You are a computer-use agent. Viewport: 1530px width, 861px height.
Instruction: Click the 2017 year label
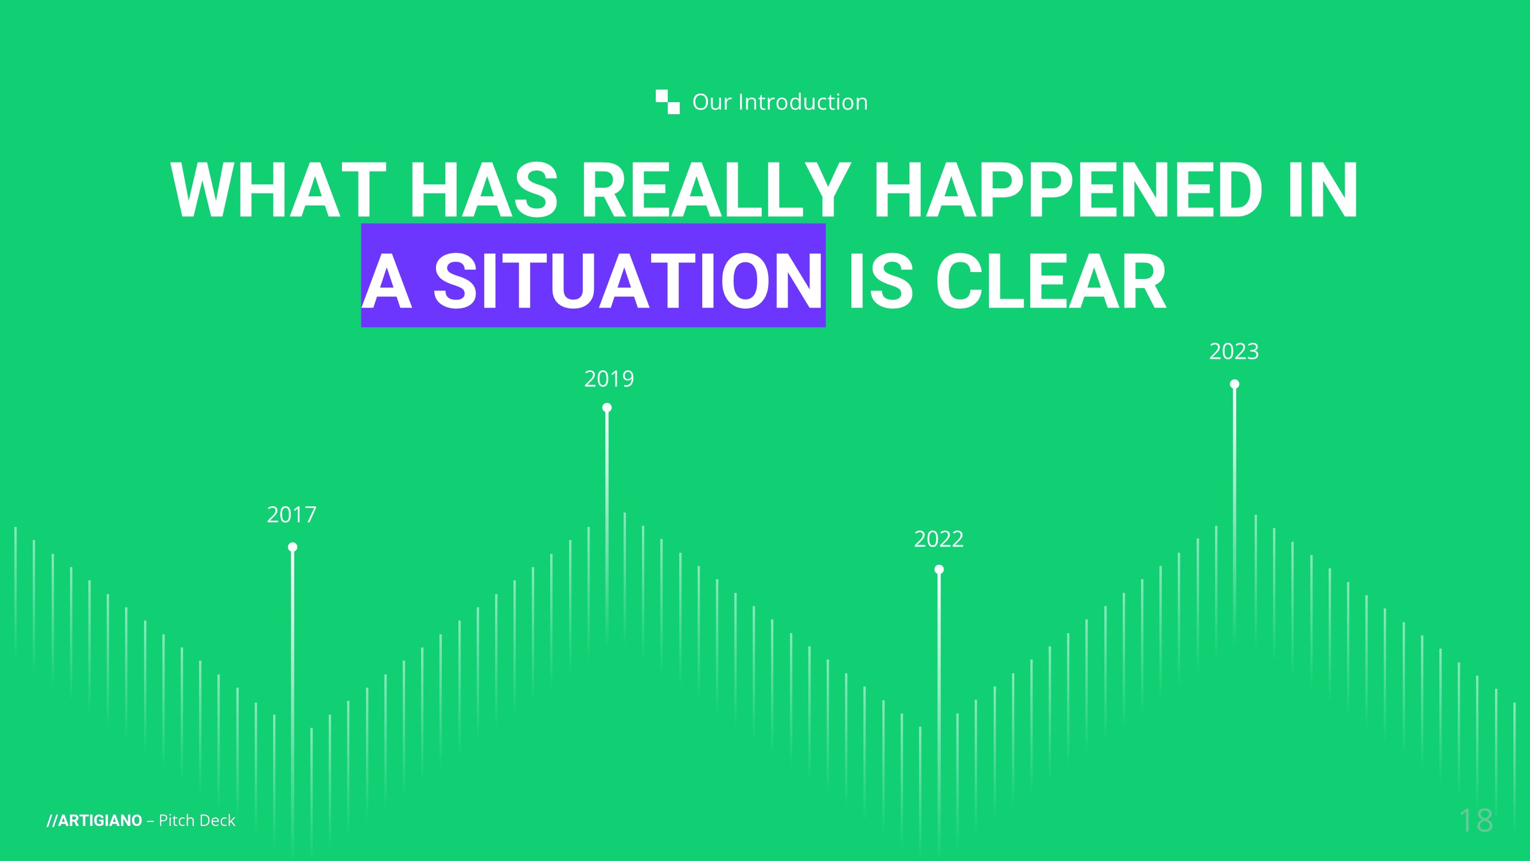291,514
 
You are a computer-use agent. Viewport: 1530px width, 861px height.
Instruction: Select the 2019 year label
609,379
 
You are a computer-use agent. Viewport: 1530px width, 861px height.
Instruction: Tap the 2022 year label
939,540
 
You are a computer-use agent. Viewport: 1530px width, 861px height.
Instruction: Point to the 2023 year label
1234,352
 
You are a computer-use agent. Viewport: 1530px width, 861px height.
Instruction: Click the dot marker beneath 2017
293,547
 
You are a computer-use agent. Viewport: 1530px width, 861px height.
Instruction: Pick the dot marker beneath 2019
607,408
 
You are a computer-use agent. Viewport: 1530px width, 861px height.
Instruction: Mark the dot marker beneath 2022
939,570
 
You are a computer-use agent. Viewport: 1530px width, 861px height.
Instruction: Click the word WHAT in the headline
279,191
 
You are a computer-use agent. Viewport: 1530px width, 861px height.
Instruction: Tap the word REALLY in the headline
717,191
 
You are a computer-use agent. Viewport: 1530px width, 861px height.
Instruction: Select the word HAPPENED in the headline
1067,191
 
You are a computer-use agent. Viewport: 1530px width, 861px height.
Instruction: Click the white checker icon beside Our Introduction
668,102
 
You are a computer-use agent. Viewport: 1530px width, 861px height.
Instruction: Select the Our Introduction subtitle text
780,102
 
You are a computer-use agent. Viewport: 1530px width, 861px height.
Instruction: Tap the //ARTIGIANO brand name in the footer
95,821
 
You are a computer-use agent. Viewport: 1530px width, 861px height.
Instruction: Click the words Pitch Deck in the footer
197,821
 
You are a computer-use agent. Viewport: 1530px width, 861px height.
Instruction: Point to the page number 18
1476,821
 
